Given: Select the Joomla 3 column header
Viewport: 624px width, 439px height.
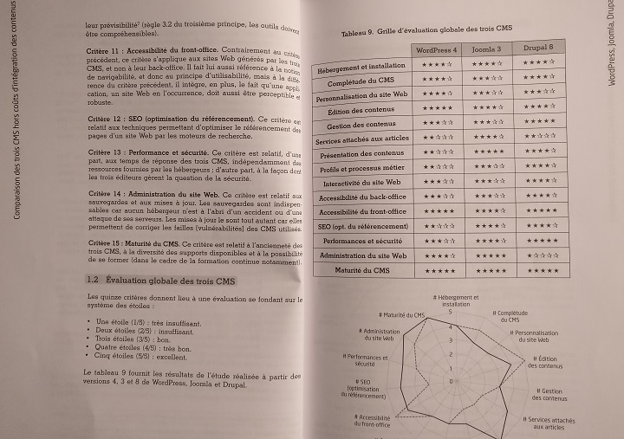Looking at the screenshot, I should coord(490,48).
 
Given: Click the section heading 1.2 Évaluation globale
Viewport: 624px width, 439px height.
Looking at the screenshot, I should coord(160,281).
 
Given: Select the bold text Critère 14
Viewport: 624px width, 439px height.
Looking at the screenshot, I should coord(114,196).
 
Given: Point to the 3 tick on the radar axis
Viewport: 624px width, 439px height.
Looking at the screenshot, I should coord(451,341).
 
